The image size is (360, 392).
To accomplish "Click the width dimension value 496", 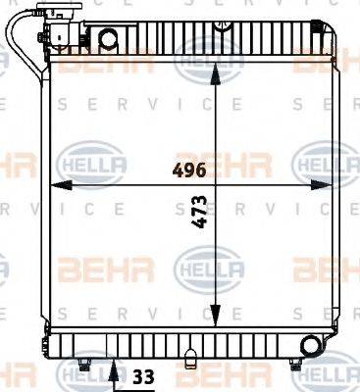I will tap(189, 170).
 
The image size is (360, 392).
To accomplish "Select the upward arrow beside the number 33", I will tap(116, 371).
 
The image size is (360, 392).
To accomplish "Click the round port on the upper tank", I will tap(109, 40).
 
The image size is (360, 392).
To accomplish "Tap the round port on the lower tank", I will tap(312, 344).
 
